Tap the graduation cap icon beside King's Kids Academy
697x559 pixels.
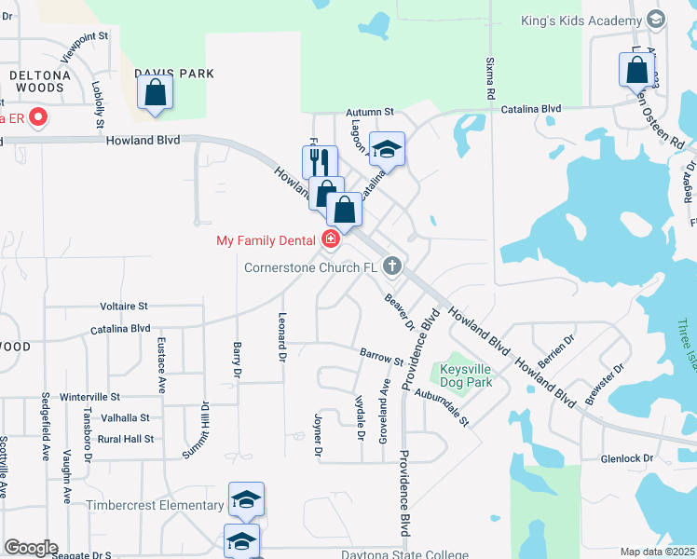[x=655, y=19]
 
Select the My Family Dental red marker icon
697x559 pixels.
[x=330, y=240]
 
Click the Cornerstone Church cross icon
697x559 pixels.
[x=392, y=266]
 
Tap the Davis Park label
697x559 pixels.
[x=174, y=74]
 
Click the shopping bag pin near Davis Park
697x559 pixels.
[x=155, y=94]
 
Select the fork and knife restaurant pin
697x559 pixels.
[x=320, y=161]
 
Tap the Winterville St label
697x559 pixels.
[x=89, y=397]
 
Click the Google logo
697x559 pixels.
[x=31, y=548]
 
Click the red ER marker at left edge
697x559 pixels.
[x=38, y=117]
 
